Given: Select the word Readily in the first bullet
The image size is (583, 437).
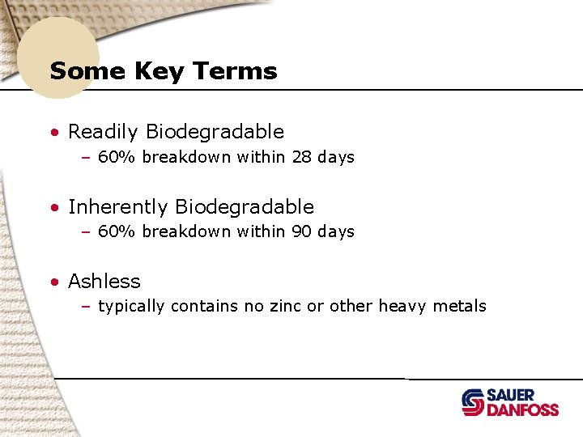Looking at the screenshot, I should (x=104, y=132).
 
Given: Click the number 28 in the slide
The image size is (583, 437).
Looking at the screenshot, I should (x=301, y=157).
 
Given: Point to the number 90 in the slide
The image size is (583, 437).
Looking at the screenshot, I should (x=301, y=231).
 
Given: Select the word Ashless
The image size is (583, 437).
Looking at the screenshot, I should (x=104, y=282).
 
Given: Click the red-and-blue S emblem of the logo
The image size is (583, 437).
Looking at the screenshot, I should (x=473, y=402).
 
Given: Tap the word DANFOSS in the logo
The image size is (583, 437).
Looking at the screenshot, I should (x=522, y=409).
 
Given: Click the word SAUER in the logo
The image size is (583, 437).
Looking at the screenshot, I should (x=510, y=395).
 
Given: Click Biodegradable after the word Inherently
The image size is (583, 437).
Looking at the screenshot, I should (x=245, y=207).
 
